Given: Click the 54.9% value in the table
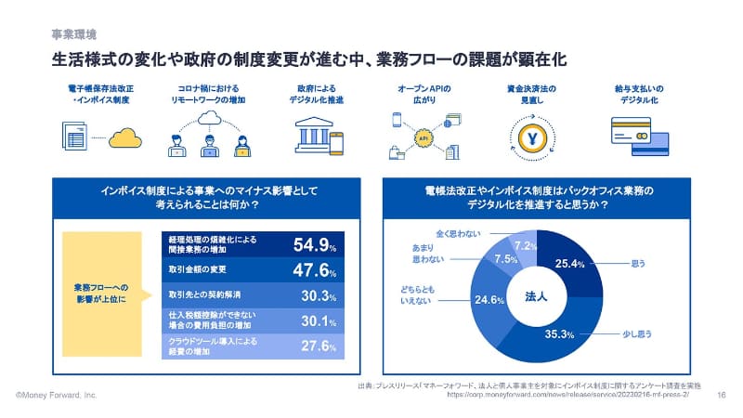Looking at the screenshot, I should [x=314, y=245].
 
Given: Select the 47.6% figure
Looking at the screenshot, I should [x=314, y=270].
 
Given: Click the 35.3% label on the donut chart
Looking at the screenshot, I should [x=553, y=333].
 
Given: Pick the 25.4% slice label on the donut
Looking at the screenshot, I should [x=569, y=265].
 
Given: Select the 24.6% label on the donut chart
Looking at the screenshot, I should [x=489, y=301].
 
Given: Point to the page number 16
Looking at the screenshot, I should [x=722, y=395].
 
